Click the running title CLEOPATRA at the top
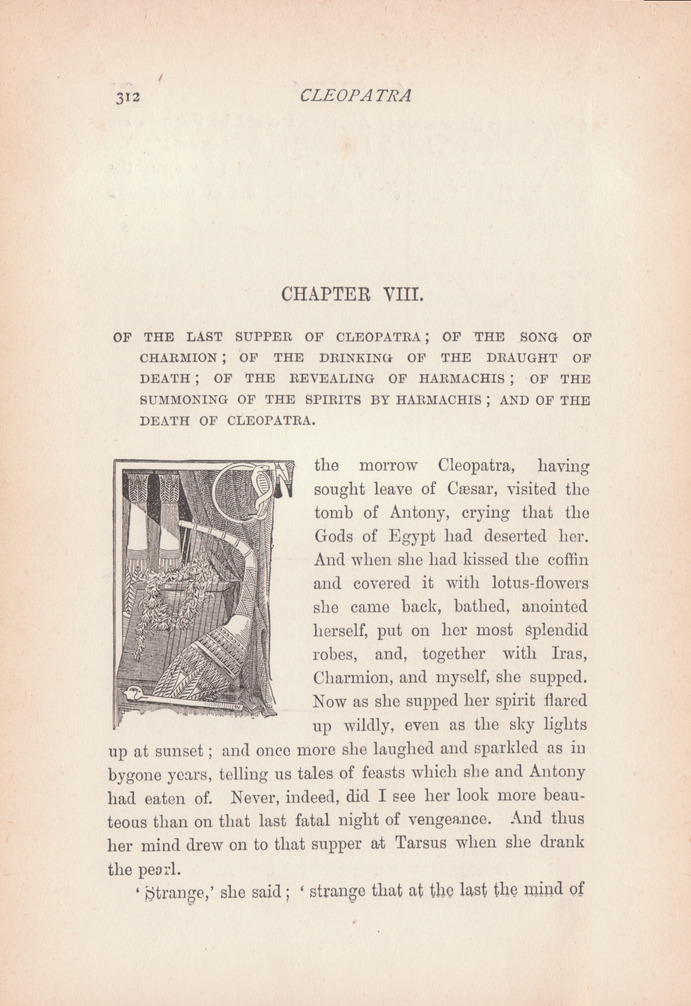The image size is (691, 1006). pos(356,96)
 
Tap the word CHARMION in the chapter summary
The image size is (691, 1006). pos(178,358)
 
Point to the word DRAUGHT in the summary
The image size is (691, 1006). pos(522,358)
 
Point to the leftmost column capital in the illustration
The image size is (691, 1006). pos(137,486)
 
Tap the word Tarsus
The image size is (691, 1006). pos(420,842)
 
